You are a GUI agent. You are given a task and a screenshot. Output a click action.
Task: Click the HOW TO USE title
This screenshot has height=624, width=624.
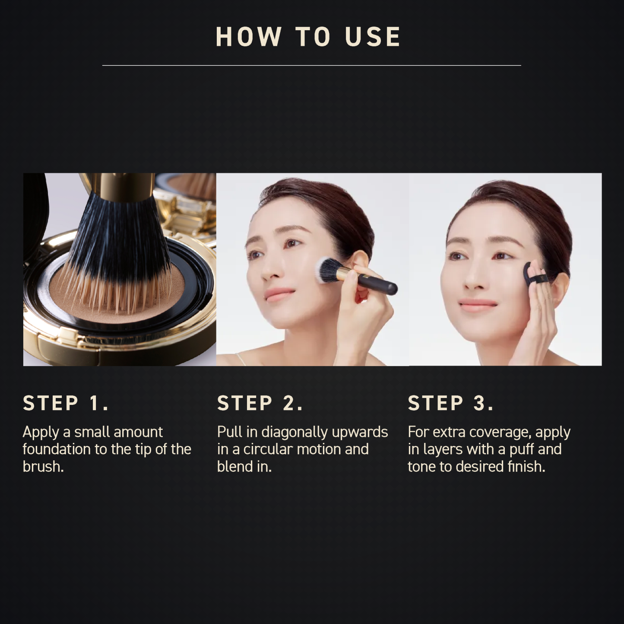click(x=308, y=37)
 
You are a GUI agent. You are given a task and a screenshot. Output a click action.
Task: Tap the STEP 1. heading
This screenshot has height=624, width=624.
click(x=66, y=403)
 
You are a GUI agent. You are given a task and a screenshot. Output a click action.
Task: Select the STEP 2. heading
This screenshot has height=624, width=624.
click(x=260, y=403)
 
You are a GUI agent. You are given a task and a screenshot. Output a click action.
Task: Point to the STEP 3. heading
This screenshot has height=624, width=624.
click(x=450, y=403)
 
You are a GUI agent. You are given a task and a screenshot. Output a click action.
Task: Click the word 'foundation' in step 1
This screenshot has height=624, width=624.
click(x=57, y=449)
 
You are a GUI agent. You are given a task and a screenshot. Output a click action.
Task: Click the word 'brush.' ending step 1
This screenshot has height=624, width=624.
click(x=43, y=466)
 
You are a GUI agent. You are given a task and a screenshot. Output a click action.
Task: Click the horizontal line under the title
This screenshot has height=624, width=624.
click(x=311, y=65)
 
